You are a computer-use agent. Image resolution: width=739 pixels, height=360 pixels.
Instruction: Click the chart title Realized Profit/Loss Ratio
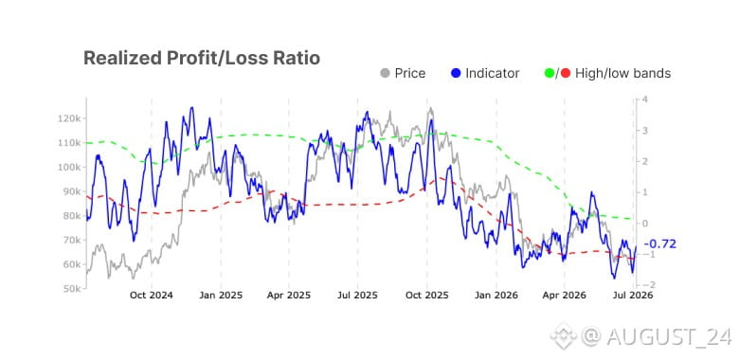point(202,58)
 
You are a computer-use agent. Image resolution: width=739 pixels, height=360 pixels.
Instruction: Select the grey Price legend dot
point(385,74)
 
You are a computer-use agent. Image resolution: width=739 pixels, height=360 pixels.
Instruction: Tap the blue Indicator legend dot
point(456,74)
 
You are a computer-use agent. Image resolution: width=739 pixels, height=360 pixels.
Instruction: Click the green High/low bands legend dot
point(549,74)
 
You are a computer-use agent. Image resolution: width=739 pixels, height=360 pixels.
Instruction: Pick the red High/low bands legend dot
point(566,74)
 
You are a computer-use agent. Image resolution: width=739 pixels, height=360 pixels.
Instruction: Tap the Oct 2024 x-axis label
point(152,296)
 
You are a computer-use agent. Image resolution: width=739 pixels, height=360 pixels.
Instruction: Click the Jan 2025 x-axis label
point(221,296)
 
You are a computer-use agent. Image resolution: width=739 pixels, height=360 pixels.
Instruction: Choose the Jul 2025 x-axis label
point(357,296)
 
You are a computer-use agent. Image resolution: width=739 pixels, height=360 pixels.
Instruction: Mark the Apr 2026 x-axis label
point(565,296)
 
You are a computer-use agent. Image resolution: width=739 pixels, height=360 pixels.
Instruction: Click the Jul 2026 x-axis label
point(633,296)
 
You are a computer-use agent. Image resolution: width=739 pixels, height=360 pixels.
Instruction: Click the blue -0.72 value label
point(659,244)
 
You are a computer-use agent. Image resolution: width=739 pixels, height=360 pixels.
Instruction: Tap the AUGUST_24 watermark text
point(669,336)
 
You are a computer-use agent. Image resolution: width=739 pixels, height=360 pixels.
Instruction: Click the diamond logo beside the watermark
point(563,335)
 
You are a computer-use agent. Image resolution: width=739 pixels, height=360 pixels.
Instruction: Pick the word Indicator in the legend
point(492,74)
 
